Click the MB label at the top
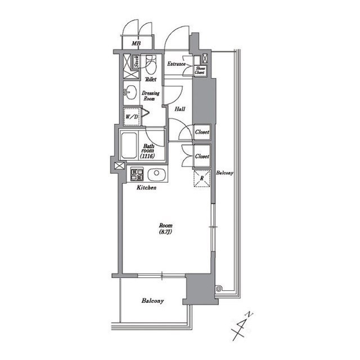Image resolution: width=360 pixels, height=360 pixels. pyautogui.click(x=136, y=43)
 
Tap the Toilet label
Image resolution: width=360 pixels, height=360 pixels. pyautogui.click(x=150, y=80)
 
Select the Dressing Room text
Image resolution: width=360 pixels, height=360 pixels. pyautogui.click(x=150, y=95)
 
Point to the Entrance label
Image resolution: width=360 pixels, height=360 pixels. pyautogui.click(x=176, y=64)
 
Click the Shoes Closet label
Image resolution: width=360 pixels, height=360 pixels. pyautogui.click(x=200, y=70)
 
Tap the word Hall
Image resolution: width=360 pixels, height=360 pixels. pyautogui.click(x=181, y=109)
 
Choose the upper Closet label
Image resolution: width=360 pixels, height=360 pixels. pyautogui.click(x=202, y=132)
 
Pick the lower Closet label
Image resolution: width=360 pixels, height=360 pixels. pyautogui.click(x=202, y=156)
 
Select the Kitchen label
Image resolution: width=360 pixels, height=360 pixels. pyautogui.click(x=146, y=187)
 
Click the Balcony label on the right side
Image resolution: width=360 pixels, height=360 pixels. pyautogui.click(x=224, y=173)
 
